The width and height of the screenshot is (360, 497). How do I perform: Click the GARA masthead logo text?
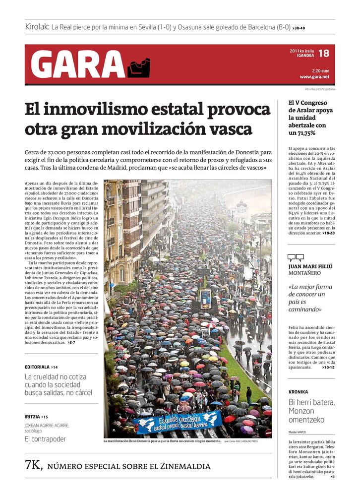pyautogui.click(x=77, y=65)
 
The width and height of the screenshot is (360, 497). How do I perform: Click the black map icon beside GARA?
pyautogui.click(x=138, y=68)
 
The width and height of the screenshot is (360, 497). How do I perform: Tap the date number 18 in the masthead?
pyautogui.click(x=323, y=53)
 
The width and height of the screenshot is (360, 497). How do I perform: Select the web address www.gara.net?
pyautogui.click(x=314, y=77)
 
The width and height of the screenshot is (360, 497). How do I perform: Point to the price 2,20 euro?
pyautogui.click(x=320, y=70)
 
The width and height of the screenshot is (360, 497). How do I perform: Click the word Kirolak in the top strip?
pyautogui.click(x=37, y=27)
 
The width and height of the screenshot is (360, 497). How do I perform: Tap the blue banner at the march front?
pyautogui.click(x=177, y=422)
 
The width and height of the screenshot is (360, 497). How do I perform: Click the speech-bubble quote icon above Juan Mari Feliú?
pyautogui.click(x=296, y=257)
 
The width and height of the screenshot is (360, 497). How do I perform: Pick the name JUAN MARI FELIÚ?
pyautogui.click(x=310, y=266)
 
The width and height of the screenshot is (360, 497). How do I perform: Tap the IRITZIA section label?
pyautogui.click(x=32, y=417)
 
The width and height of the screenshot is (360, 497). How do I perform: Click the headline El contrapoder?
pyautogui.click(x=45, y=439)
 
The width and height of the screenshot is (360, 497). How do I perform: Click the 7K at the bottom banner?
pyautogui.click(x=34, y=466)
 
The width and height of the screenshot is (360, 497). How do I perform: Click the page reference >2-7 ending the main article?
pyautogui.click(x=71, y=342)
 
